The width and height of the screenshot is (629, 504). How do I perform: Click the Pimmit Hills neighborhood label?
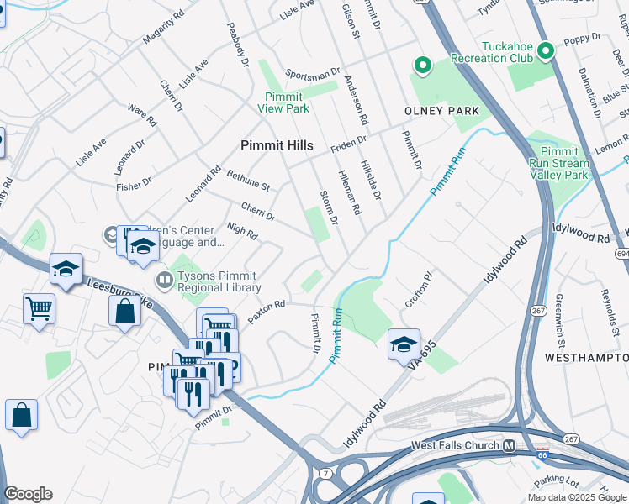[x=277, y=145]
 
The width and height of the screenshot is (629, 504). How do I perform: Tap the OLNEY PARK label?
[x=441, y=111]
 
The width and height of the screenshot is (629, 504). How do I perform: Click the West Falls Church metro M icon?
[x=509, y=445]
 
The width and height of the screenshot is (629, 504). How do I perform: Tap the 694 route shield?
[x=622, y=253]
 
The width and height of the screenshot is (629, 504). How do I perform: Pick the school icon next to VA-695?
[x=404, y=344]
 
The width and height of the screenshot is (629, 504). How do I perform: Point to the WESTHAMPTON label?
[x=587, y=358]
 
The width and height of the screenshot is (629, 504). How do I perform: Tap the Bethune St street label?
[x=248, y=181]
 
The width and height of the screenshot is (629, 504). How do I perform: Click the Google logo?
[x=28, y=494]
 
